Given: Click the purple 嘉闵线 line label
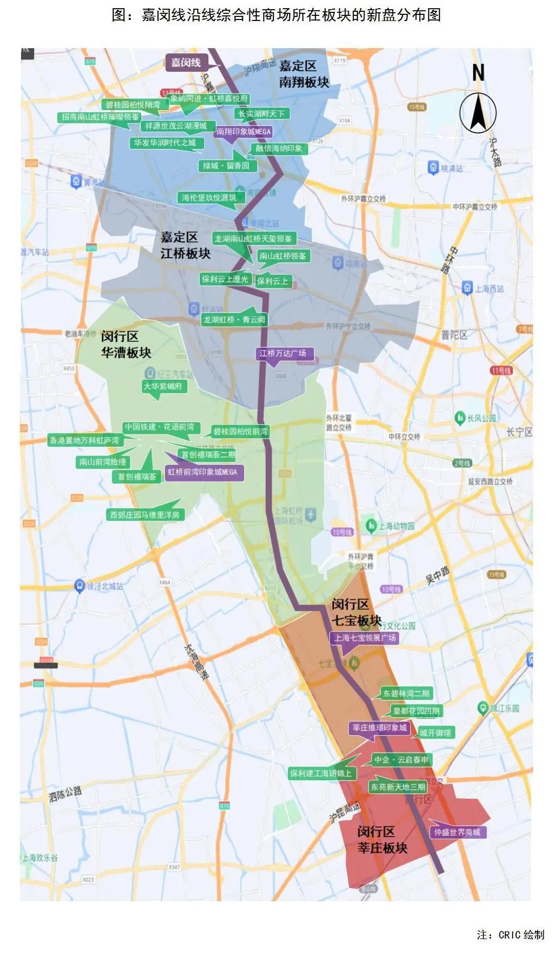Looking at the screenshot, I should (x=186, y=63).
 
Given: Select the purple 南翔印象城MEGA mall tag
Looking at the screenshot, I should (x=243, y=132).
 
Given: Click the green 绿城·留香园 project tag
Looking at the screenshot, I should (x=226, y=165).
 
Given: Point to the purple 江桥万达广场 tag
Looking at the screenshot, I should (x=283, y=353).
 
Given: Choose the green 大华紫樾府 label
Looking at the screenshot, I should (x=163, y=386).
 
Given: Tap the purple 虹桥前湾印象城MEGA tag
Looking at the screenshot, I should (x=203, y=472).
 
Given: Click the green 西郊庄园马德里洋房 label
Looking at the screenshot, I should (x=145, y=515).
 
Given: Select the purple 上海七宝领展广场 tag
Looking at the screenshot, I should (x=365, y=638).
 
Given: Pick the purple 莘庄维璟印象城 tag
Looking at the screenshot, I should (x=379, y=727).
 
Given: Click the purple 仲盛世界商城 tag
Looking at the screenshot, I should (x=457, y=832).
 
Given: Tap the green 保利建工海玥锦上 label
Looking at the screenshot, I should (x=321, y=773).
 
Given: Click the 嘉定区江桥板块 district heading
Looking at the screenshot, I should (x=185, y=245).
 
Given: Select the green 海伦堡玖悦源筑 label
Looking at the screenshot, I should (x=209, y=197).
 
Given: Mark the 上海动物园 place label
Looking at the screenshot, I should (x=395, y=526).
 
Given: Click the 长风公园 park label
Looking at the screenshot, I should (x=481, y=418).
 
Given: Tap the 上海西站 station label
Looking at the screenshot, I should (x=489, y=288).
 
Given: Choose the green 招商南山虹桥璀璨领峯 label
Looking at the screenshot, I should (x=100, y=117).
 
